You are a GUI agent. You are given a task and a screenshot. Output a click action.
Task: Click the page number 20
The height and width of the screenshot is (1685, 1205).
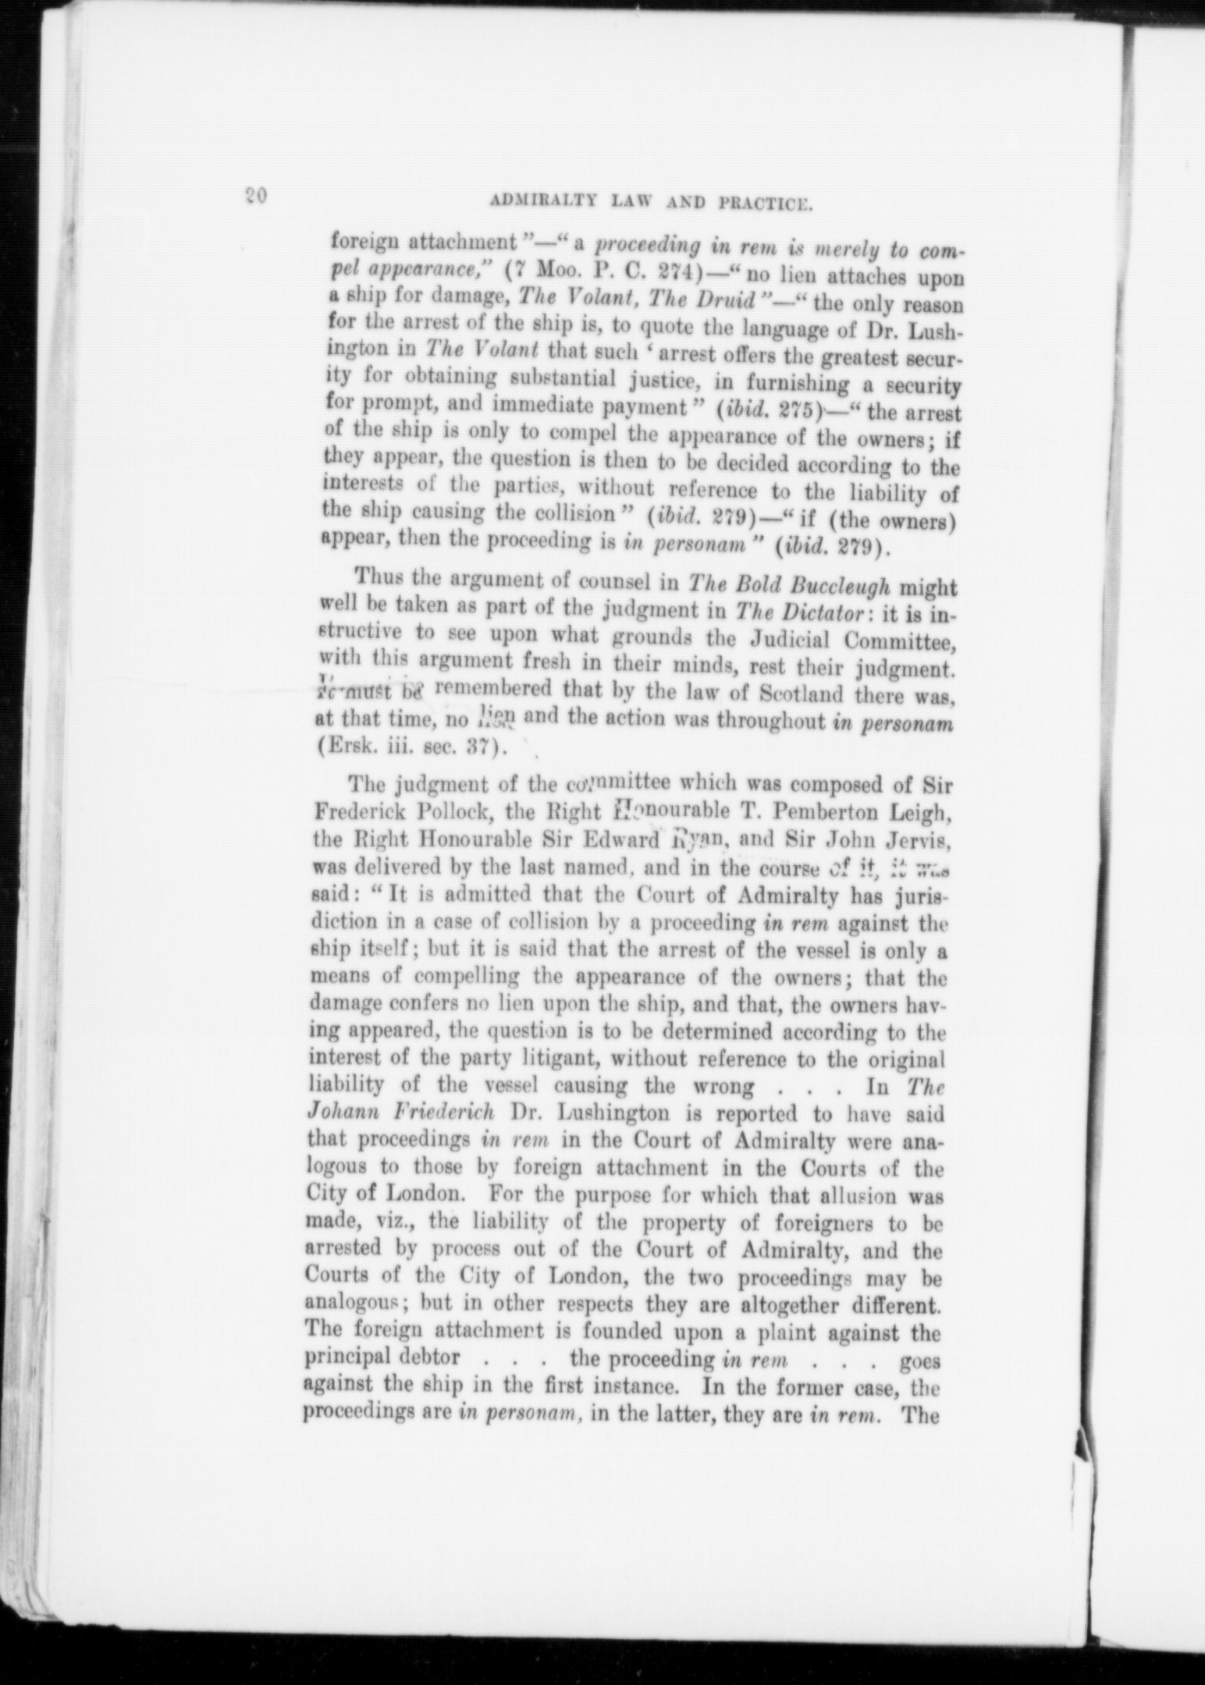pyautogui.click(x=256, y=196)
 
